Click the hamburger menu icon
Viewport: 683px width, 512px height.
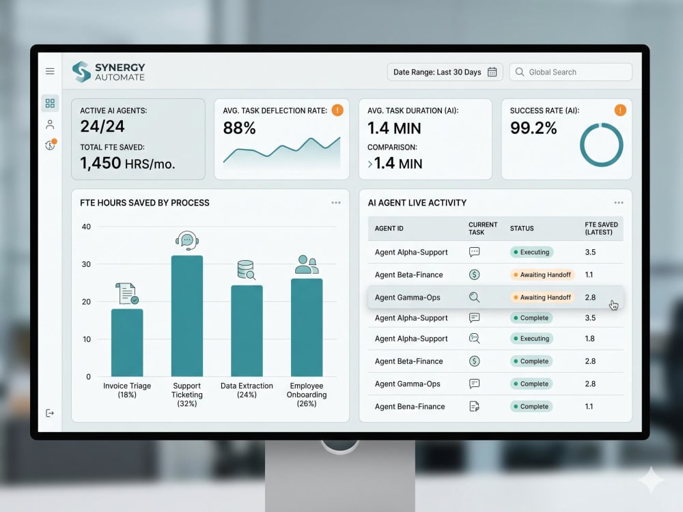click(x=50, y=71)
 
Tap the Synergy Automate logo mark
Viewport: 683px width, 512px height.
click(x=81, y=72)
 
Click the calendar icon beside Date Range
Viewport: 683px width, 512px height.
click(x=492, y=72)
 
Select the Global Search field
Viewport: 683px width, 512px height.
click(x=570, y=72)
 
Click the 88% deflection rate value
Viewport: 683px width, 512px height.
click(x=239, y=128)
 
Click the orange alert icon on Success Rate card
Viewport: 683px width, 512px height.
click(x=620, y=110)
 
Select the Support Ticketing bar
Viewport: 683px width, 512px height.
click(x=187, y=315)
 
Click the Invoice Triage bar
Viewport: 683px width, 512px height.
click(x=127, y=343)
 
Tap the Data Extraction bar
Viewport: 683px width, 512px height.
click(x=247, y=331)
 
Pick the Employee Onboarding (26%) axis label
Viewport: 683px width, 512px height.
click(x=307, y=395)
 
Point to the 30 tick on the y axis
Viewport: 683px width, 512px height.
click(x=86, y=264)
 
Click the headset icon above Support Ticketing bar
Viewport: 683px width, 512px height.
click(x=187, y=240)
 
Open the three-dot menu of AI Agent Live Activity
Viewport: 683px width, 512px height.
click(x=619, y=203)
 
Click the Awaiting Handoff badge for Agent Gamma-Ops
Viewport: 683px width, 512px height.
click(x=542, y=298)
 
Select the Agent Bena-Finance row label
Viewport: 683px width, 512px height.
click(x=410, y=407)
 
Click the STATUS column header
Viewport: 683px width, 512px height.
click(x=522, y=228)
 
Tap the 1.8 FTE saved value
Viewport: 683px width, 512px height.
click(x=590, y=339)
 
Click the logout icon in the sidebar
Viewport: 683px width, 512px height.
click(x=50, y=413)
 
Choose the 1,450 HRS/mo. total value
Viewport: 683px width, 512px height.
click(x=128, y=163)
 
